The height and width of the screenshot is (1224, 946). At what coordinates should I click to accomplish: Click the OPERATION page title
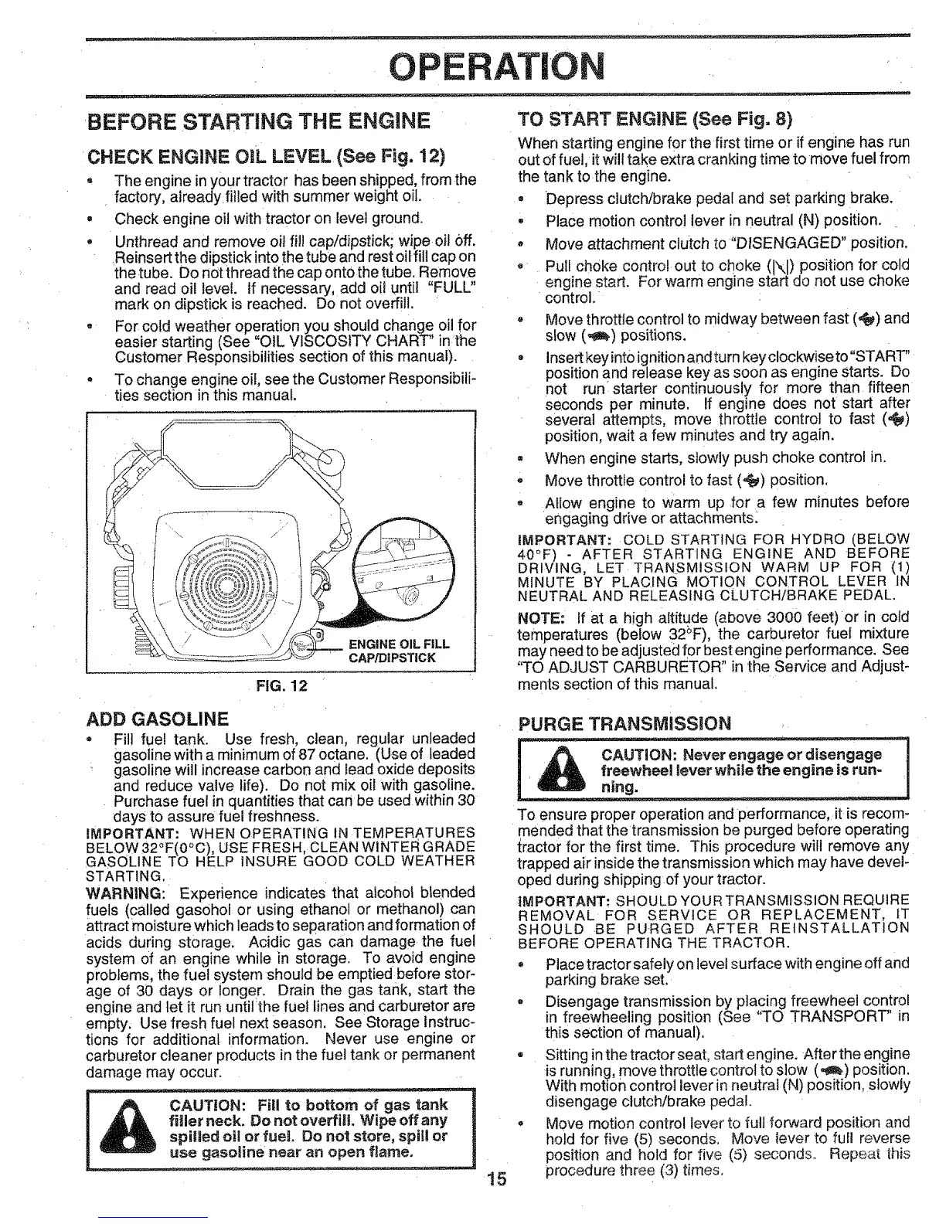[x=472, y=67]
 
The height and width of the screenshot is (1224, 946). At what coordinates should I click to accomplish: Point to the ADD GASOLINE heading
[x=161, y=716]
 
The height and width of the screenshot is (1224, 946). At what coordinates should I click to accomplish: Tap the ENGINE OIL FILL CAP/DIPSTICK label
[x=399, y=651]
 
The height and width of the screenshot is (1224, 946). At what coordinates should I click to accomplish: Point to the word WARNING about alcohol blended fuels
[x=114, y=892]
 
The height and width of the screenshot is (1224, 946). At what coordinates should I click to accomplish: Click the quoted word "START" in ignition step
[x=881, y=363]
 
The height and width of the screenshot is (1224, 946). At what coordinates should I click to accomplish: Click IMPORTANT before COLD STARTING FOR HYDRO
[x=557, y=538]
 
